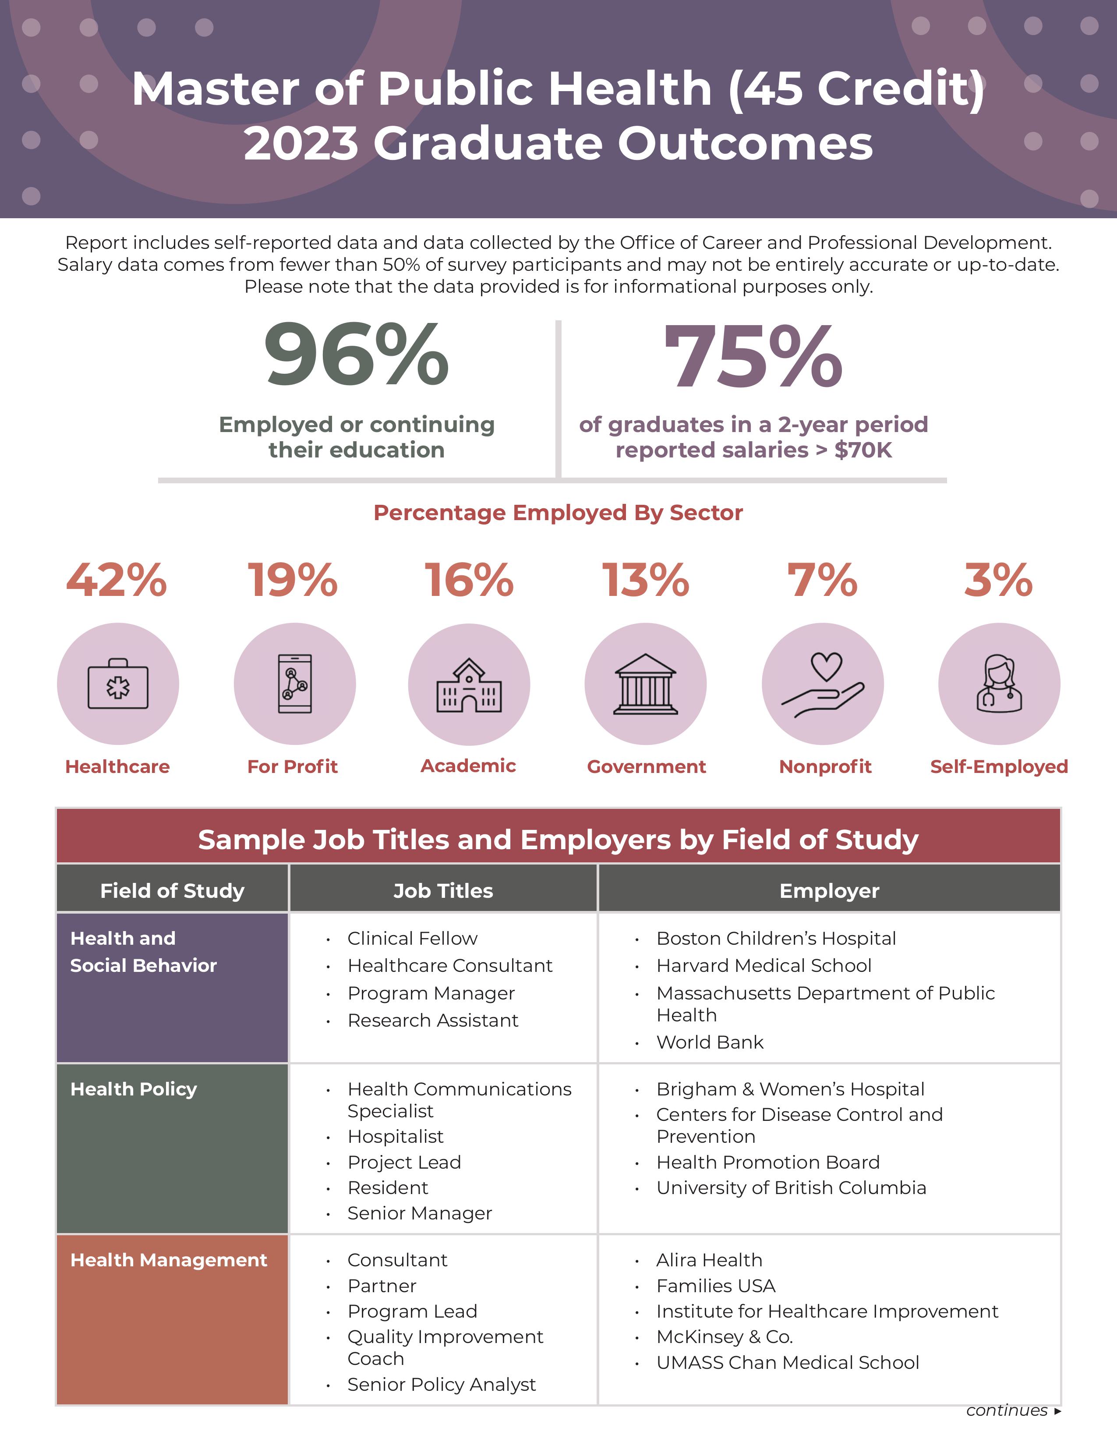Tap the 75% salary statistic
click(x=753, y=358)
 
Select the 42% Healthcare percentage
click(x=117, y=580)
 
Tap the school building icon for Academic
click(x=469, y=685)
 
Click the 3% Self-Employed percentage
click(x=998, y=580)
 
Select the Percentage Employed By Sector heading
click(x=558, y=513)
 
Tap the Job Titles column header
click(x=443, y=890)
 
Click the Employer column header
click(x=829, y=890)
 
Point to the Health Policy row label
click(x=134, y=1089)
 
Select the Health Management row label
click(x=169, y=1260)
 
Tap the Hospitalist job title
click(x=395, y=1136)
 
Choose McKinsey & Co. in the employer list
click(x=725, y=1337)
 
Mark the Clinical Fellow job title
click(x=412, y=938)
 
